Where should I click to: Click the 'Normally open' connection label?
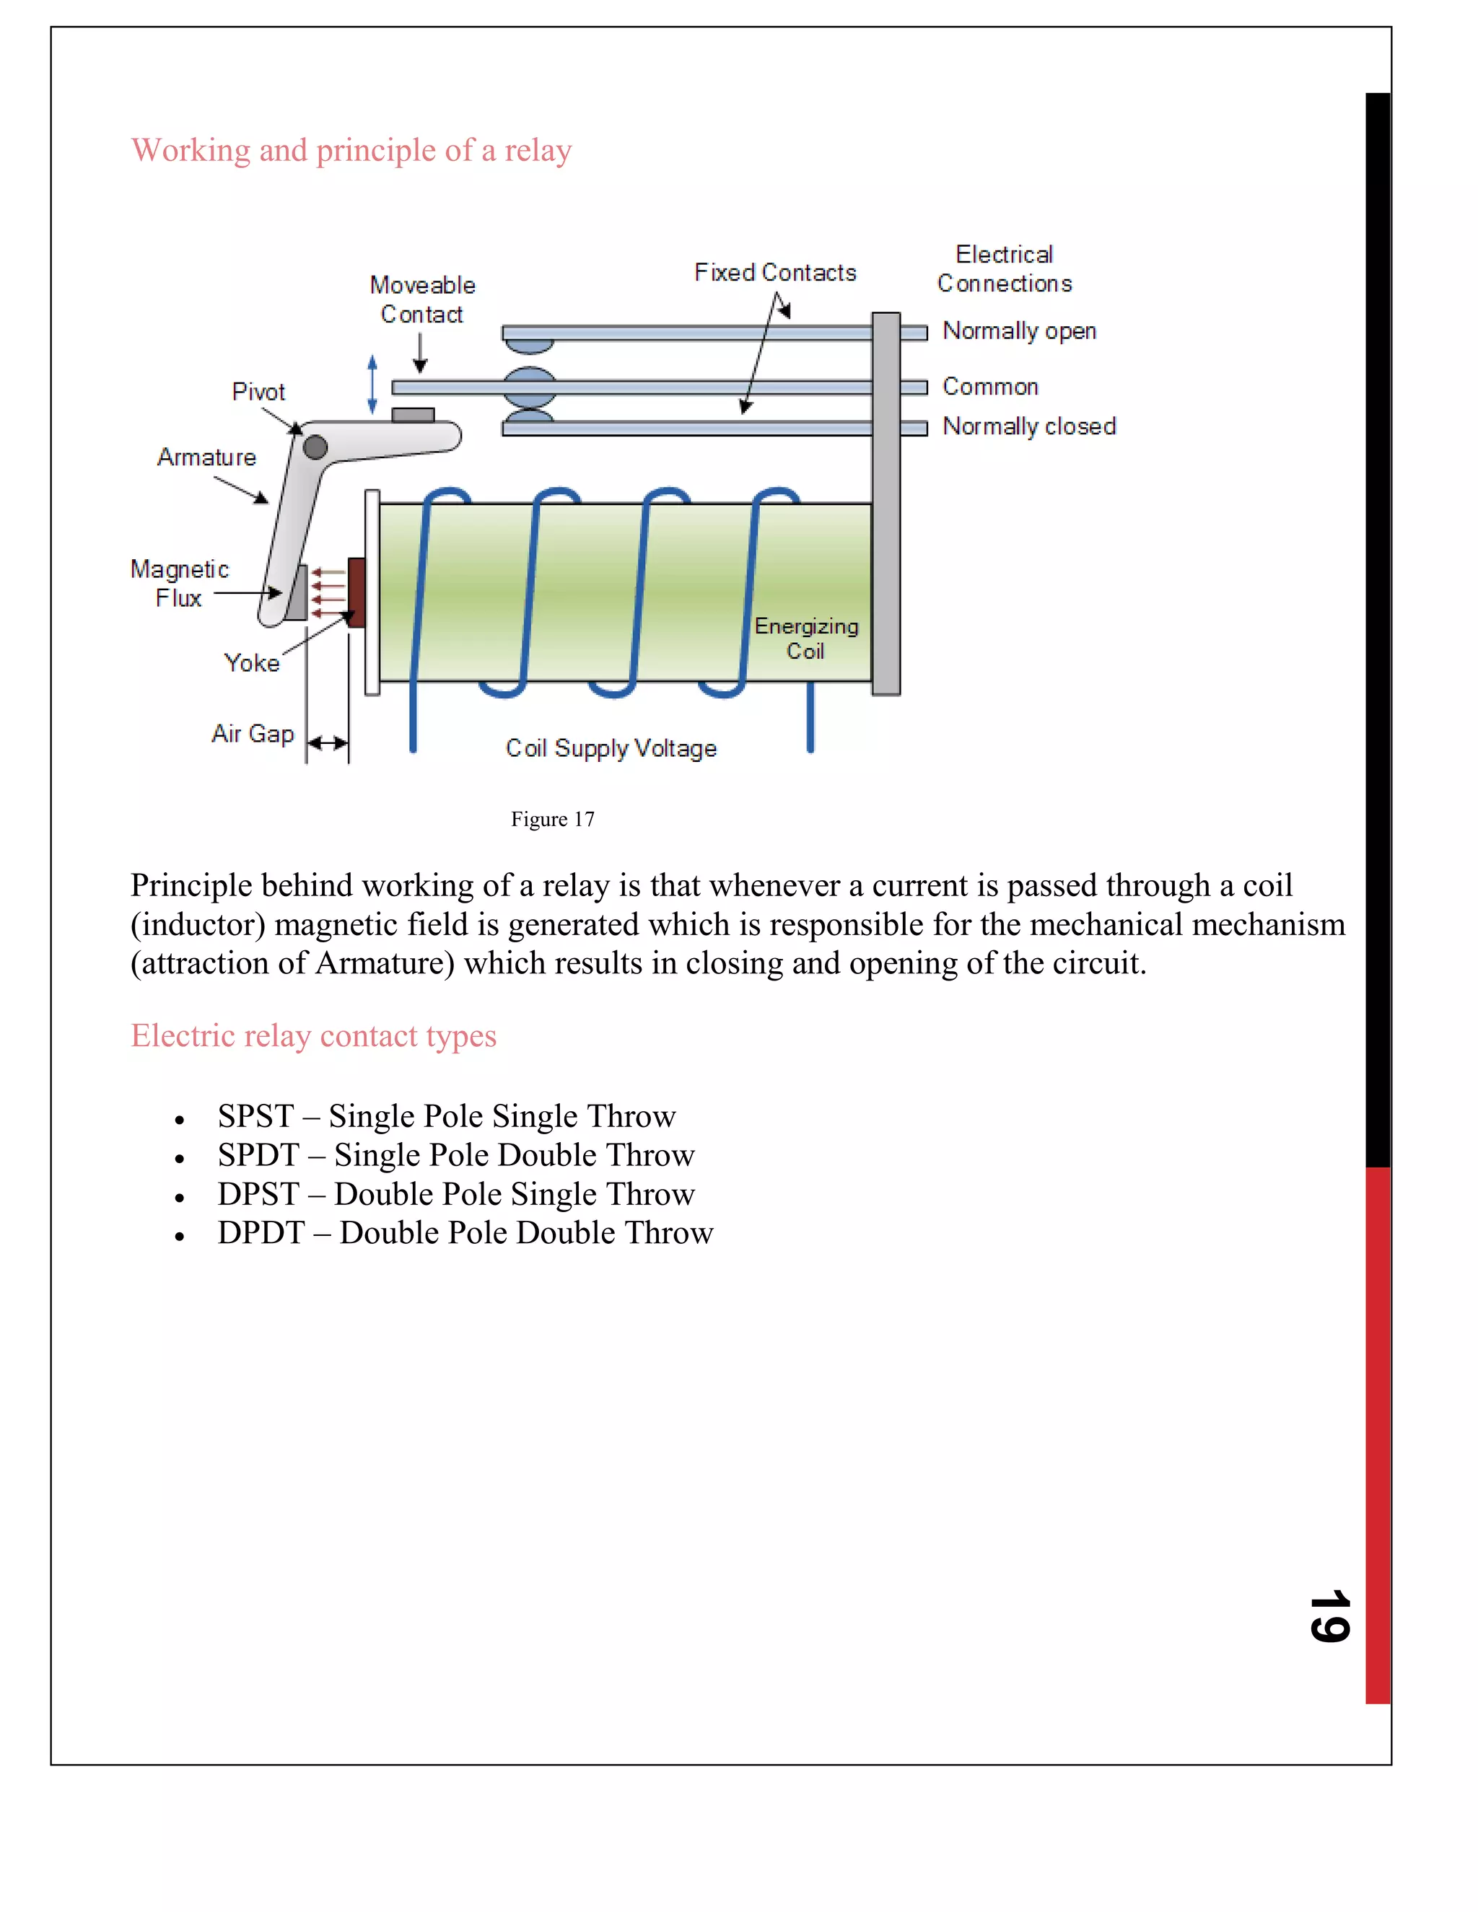[x=1018, y=331]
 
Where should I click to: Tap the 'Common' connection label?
[x=989, y=387]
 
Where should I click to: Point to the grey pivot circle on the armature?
[x=315, y=447]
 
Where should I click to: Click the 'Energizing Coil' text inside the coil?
[x=805, y=639]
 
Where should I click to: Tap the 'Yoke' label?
[x=251, y=663]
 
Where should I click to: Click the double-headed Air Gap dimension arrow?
[x=328, y=743]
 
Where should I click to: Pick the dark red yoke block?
[x=357, y=592]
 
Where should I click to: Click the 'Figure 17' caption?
[x=553, y=820]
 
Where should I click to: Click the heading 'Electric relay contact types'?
[x=313, y=1035]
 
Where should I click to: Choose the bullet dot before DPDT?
[x=180, y=1236]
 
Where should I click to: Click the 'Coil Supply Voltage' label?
[x=611, y=748]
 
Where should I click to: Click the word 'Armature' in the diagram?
[x=206, y=457]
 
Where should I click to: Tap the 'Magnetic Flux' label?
[x=180, y=583]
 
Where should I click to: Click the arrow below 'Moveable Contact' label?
[x=420, y=353]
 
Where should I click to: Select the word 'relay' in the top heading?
[x=538, y=151]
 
